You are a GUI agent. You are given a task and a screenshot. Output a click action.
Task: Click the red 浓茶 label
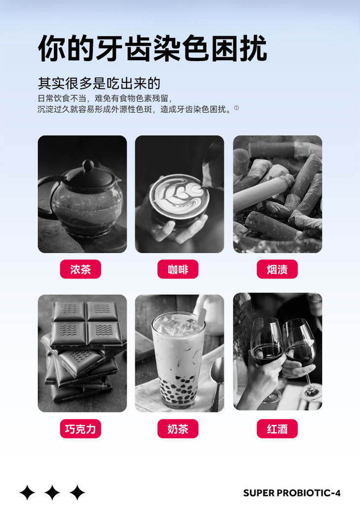click(80, 269)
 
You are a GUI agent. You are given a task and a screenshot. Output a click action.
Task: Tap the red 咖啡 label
click(178, 269)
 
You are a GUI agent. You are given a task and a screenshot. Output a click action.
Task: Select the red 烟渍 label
click(277, 269)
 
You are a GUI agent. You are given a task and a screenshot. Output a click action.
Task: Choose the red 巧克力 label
click(80, 429)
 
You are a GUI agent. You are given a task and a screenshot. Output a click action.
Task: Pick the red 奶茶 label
click(178, 429)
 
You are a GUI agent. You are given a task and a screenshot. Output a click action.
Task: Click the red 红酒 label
click(277, 429)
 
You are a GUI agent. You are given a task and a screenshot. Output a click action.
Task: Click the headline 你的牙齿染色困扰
click(152, 48)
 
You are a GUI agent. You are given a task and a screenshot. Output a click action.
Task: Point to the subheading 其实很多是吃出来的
click(99, 83)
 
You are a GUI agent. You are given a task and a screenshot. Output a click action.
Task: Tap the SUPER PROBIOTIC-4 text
click(291, 493)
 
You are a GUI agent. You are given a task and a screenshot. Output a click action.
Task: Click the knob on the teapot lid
click(88, 165)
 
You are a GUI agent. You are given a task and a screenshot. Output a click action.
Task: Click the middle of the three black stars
click(52, 492)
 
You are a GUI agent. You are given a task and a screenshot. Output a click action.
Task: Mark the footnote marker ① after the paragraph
click(236, 108)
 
